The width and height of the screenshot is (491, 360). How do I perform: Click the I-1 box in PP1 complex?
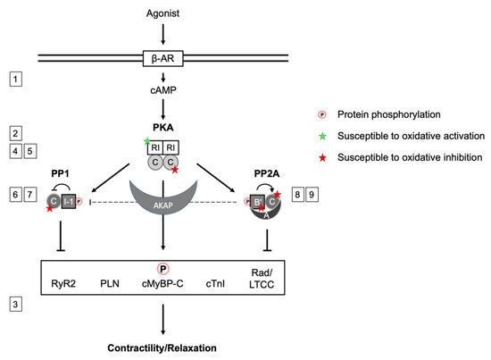66,202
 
